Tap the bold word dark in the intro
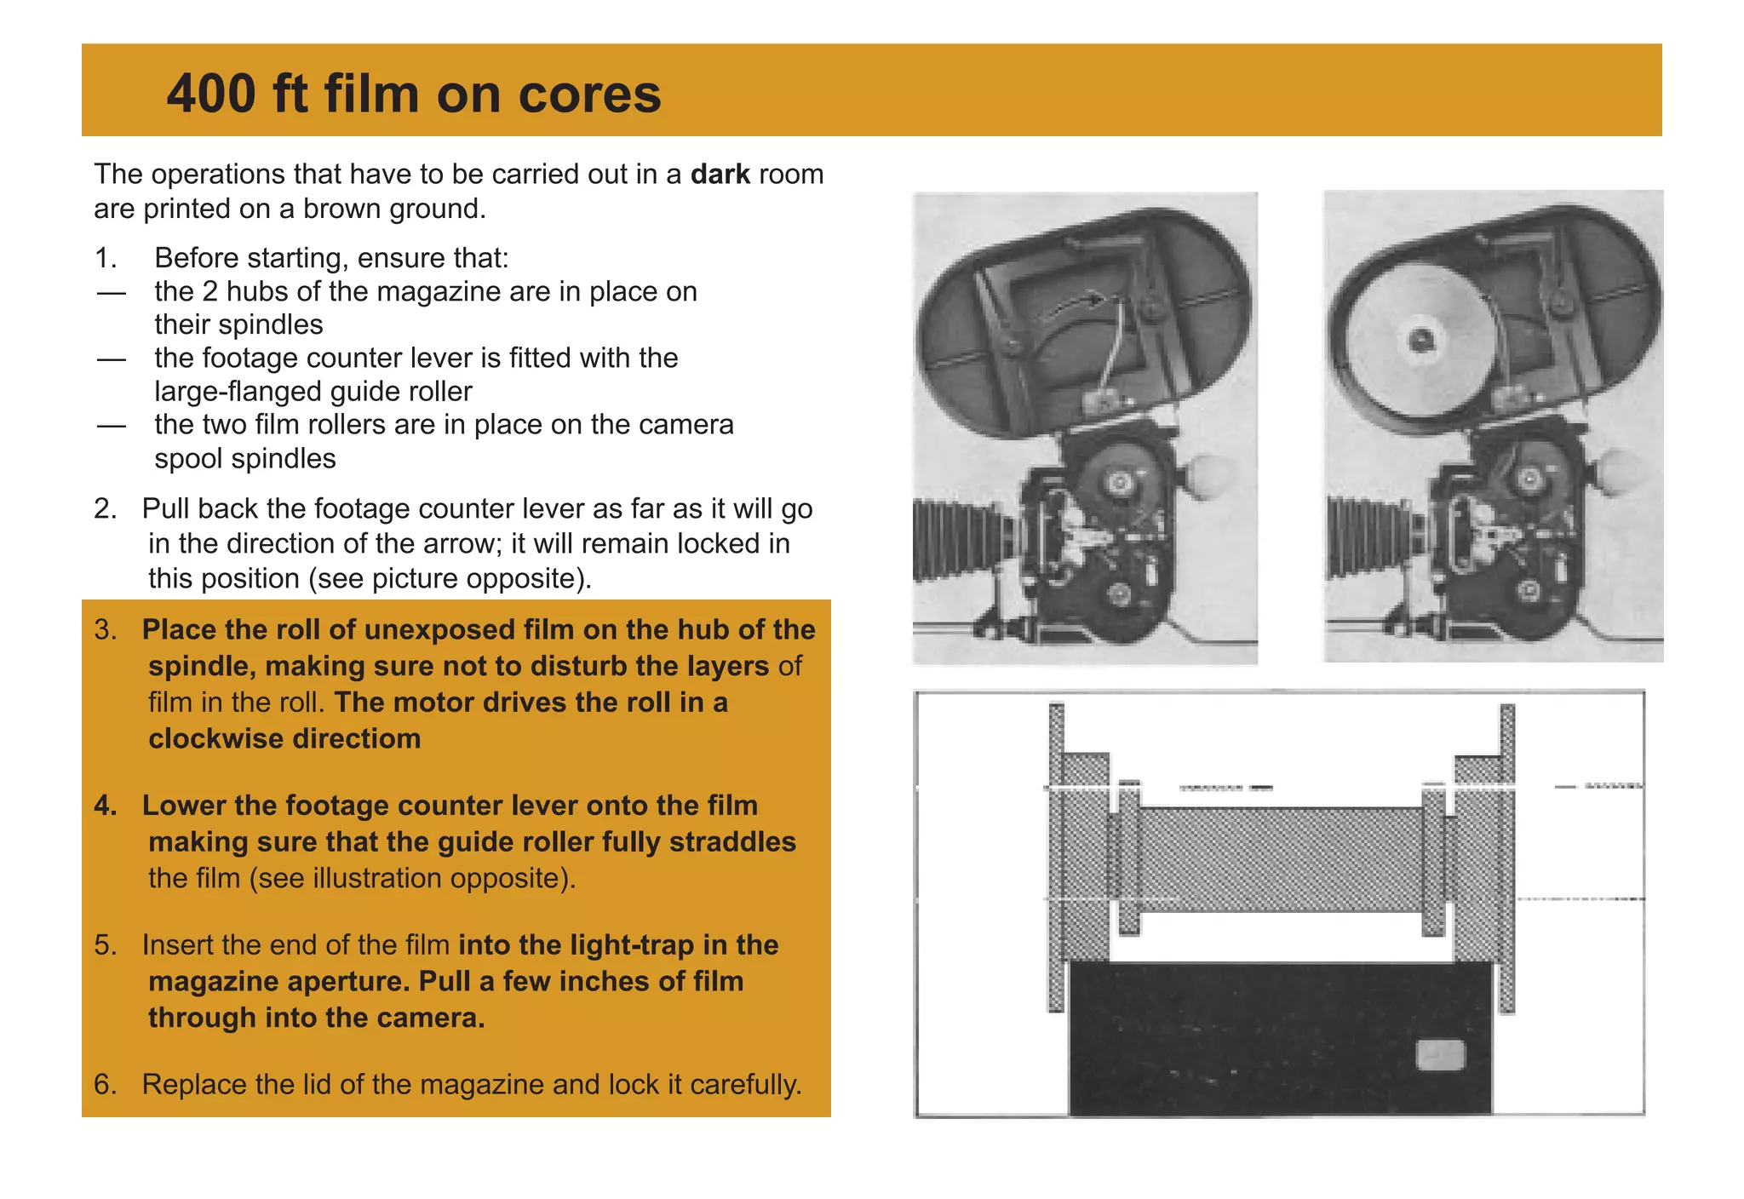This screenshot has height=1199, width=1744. click(x=720, y=174)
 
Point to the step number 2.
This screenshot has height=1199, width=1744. click(x=106, y=508)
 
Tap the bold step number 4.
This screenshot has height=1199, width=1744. click(x=106, y=805)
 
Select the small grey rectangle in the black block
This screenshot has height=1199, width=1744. click(x=1440, y=1055)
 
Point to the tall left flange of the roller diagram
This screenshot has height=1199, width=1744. click(x=1057, y=856)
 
